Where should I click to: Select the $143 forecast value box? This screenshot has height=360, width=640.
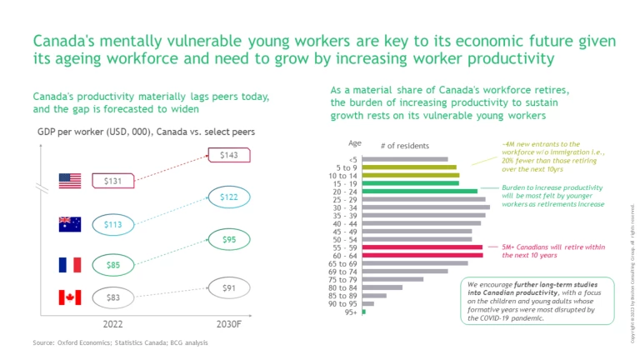(227, 155)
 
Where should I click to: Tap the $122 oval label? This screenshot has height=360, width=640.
(227, 197)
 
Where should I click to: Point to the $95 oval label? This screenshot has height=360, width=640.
(227, 240)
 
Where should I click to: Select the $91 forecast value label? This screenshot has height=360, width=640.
(227, 288)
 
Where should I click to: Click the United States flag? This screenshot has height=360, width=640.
(69, 181)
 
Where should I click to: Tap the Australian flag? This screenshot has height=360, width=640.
(69, 223)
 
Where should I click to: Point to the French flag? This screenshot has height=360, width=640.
(69, 265)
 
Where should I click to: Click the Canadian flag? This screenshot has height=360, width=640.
(69, 297)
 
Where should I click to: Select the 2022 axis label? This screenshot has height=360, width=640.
(113, 323)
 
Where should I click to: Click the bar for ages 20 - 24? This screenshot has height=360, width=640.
(420, 191)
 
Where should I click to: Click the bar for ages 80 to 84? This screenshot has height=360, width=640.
(382, 287)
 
